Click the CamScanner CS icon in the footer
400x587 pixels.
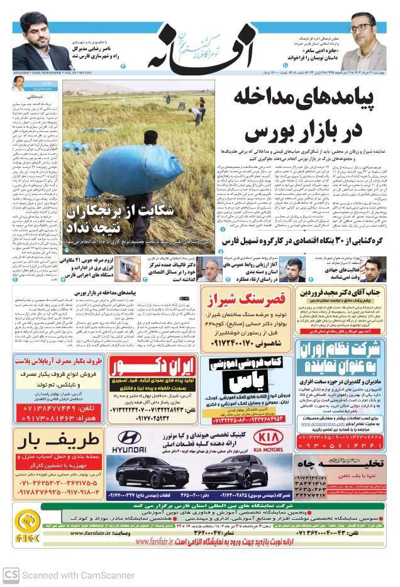tap(10, 575)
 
